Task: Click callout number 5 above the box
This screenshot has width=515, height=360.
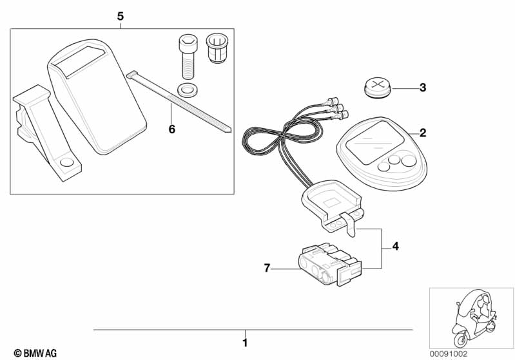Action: pos(121,16)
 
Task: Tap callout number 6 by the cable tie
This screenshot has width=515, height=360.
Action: pos(171,129)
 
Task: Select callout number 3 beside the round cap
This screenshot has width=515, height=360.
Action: pos(422,88)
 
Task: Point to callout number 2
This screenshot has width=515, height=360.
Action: pos(422,133)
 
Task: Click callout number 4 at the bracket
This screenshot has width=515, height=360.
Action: pos(395,246)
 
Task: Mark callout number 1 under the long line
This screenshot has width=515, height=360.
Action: pos(244,342)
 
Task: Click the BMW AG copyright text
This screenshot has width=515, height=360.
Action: pos(32,353)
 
